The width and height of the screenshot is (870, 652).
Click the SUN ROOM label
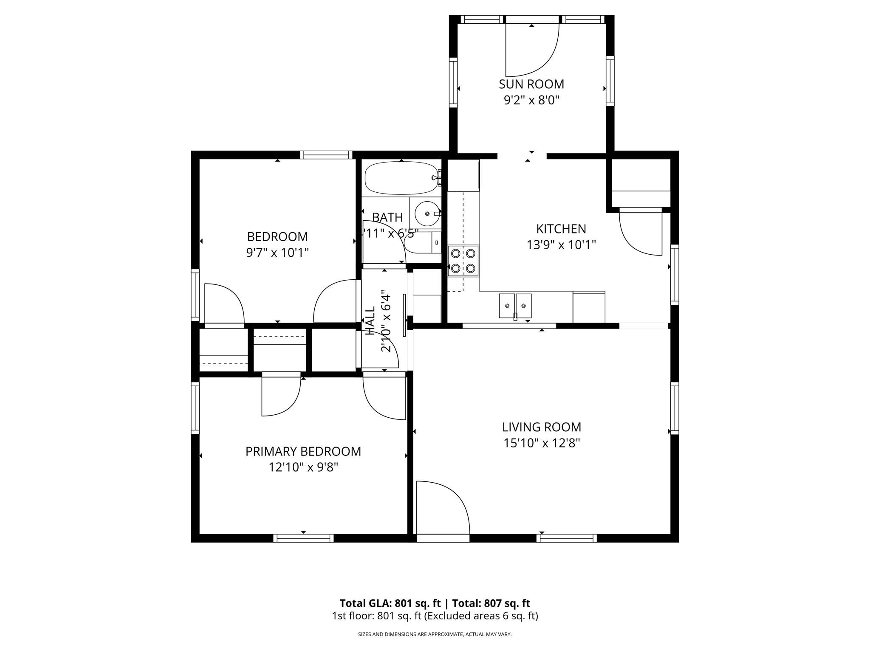(x=531, y=84)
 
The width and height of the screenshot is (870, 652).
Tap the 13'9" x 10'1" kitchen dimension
(x=561, y=245)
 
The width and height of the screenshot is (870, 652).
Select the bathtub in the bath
(x=401, y=178)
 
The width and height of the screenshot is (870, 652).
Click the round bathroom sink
(x=427, y=214)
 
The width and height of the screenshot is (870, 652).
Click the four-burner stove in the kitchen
(x=463, y=261)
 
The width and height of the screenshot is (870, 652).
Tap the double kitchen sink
(x=515, y=306)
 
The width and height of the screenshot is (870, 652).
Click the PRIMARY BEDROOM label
(x=303, y=451)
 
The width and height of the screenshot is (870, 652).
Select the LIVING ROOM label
(x=542, y=427)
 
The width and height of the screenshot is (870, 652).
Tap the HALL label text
(x=370, y=321)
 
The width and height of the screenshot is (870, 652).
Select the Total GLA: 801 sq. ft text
(x=390, y=603)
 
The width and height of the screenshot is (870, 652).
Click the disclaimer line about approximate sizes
(x=435, y=634)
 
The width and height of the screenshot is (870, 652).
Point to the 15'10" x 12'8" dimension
(x=542, y=443)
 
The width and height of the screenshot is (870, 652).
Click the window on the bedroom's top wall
(x=326, y=155)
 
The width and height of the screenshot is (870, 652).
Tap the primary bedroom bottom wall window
(x=303, y=538)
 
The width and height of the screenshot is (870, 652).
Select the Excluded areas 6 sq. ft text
(x=481, y=616)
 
